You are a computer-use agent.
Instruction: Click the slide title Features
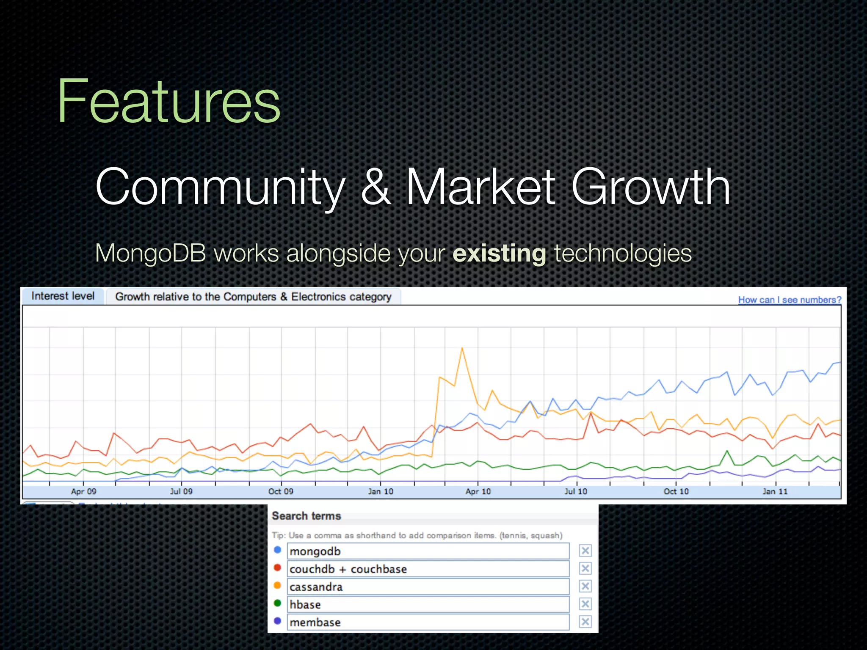tap(168, 102)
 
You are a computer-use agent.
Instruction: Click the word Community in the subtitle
tap(220, 187)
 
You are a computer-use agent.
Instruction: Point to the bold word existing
tap(499, 253)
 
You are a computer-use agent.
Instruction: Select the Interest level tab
tap(63, 296)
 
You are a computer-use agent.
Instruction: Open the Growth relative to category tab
tap(253, 297)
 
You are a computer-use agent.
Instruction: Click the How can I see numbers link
tap(790, 300)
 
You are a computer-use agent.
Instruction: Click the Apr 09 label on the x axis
tap(83, 491)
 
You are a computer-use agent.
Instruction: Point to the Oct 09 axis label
tap(281, 491)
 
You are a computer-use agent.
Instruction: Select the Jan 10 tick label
tap(380, 491)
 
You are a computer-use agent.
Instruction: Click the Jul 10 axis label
tap(576, 491)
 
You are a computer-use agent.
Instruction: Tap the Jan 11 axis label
tap(775, 491)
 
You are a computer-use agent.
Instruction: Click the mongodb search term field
tap(428, 551)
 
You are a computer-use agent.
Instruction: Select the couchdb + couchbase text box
tap(428, 569)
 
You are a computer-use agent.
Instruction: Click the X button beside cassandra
tap(585, 587)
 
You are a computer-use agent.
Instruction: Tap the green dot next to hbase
tap(277, 603)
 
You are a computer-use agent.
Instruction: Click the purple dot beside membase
tap(277, 621)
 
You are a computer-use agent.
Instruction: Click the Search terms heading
tap(306, 516)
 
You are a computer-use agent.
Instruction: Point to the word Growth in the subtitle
tap(651, 187)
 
